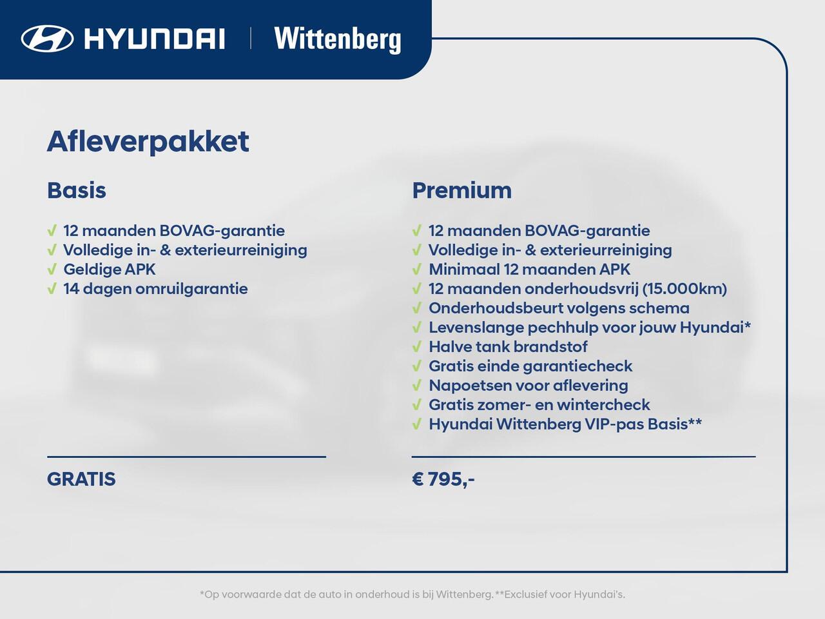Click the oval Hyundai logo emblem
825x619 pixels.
pos(47,38)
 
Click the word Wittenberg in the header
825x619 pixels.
pos(338,39)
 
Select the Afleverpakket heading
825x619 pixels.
pos(148,141)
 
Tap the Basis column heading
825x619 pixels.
pos(77,190)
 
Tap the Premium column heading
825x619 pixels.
pos(461,190)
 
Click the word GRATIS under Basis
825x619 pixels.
pos(81,479)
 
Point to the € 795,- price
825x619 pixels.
pos(443,479)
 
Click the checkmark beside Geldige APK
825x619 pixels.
pos(52,269)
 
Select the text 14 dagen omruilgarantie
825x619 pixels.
pos(155,288)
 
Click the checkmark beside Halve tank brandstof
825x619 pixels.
pos(417,346)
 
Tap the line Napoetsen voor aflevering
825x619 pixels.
pos(528,385)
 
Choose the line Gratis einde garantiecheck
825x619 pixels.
pos(530,366)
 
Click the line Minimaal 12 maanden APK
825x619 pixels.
pos(529,269)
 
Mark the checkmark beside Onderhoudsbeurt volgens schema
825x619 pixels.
pos(417,308)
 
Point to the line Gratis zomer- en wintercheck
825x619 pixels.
pos(539,404)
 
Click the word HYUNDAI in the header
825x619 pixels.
pos(155,39)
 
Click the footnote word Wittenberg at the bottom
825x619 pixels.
pos(464,594)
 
